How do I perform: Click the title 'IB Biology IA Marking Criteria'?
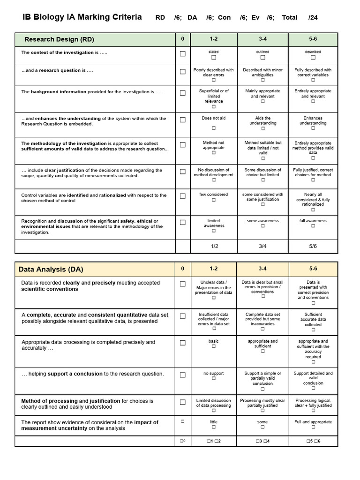point(82,17)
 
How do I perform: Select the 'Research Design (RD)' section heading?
point(59,39)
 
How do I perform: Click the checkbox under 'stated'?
point(214,58)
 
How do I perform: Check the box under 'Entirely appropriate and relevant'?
point(313,102)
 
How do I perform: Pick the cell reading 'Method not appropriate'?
point(214,145)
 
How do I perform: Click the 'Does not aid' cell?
point(214,118)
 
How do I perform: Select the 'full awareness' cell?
point(313,221)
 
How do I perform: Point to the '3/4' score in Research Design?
point(263,246)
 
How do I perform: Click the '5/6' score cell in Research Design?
point(313,246)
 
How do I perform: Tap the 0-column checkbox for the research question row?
point(183,72)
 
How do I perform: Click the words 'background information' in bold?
point(59,92)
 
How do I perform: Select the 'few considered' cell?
point(214,195)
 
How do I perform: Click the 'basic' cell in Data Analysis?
point(214,341)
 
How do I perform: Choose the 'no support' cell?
point(214,374)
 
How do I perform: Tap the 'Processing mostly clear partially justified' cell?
point(262,403)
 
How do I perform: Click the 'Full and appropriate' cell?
point(313,422)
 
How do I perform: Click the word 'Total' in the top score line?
point(290,18)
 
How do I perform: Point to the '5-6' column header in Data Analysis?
point(313,269)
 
